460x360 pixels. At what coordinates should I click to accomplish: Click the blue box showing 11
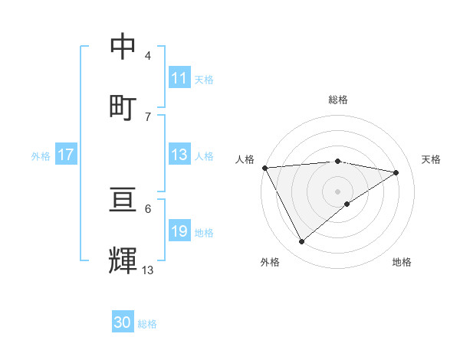pyautogui.click(x=179, y=78)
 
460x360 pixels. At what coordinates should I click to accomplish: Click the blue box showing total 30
pyautogui.click(x=123, y=323)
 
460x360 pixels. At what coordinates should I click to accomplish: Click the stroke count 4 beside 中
pyautogui.click(x=148, y=56)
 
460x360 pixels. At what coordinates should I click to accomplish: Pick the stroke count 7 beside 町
pyautogui.click(x=148, y=116)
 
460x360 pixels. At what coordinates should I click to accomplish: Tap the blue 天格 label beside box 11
pyautogui.click(x=204, y=79)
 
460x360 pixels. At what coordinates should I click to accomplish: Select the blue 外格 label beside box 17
pyautogui.click(x=41, y=156)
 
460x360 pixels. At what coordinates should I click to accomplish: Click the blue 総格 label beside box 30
pyautogui.click(x=147, y=324)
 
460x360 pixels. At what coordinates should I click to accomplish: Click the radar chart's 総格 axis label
pyautogui.click(x=338, y=100)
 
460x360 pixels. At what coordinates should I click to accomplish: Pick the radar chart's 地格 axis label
pyautogui.click(x=402, y=262)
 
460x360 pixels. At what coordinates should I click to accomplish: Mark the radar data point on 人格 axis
pyautogui.click(x=264, y=168)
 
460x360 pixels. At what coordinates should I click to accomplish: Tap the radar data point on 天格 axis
pyautogui.click(x=396, y=172)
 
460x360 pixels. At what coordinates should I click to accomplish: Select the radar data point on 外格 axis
pyautogui.click(x=301, y=242)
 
